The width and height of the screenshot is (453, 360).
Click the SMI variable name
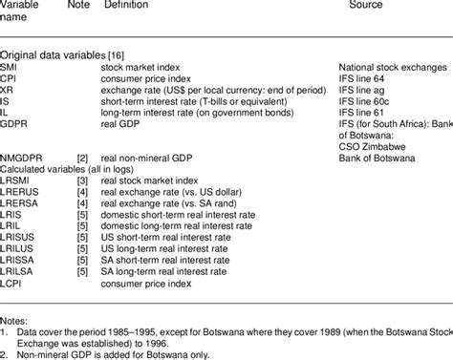(10, 68)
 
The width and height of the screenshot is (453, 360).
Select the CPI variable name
(10, 78)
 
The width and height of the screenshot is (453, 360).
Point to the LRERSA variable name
(19, 197)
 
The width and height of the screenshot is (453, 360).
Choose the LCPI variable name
(13, 283)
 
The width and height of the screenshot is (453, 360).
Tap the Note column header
(79, 6)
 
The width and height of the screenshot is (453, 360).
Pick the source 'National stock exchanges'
(392, 68)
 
